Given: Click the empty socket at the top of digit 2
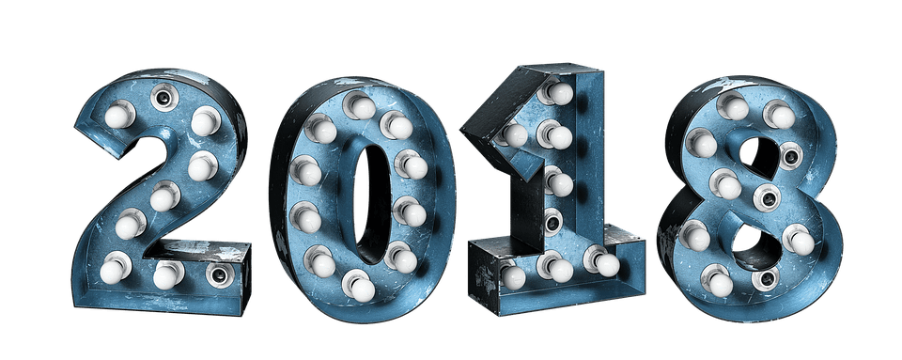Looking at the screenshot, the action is (163, 98).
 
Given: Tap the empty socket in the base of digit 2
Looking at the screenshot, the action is (219, 274).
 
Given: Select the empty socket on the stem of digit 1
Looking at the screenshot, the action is (552, 222).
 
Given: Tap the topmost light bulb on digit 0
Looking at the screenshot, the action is (360, 106).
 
